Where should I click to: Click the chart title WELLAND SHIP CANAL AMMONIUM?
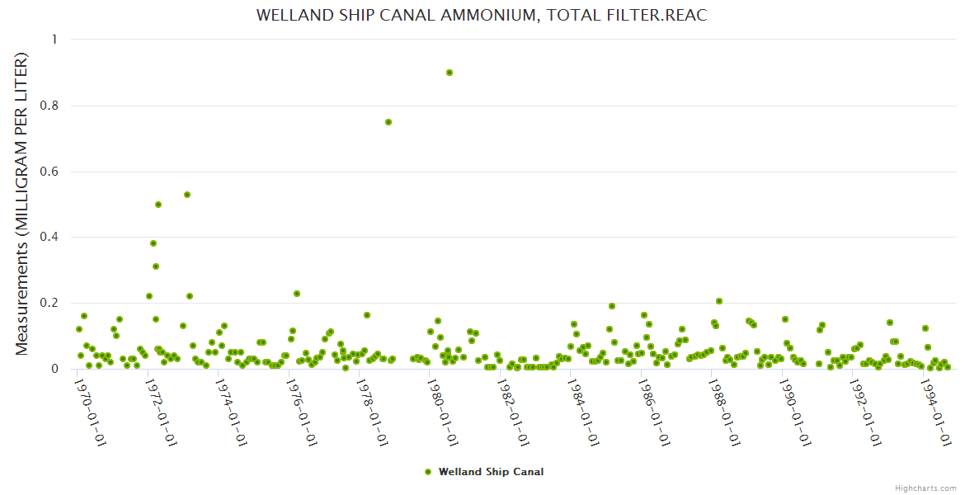click(482, 15)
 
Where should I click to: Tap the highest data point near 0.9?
click(450, 73)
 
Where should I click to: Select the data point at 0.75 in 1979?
click(388, 122)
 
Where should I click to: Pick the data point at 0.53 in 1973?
click(187, 195)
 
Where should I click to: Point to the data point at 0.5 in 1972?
click(158, 205)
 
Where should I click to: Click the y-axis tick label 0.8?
click(47, 106)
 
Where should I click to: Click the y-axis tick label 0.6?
click(47, 172)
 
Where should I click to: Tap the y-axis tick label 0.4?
click(47, 238)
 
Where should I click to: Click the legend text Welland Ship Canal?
click(491, 472)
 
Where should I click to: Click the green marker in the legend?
click(427, 472)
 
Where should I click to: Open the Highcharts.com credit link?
click(925, 488)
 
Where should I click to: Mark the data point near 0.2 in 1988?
click(719, 301)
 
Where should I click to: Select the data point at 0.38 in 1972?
click(153, 243)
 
